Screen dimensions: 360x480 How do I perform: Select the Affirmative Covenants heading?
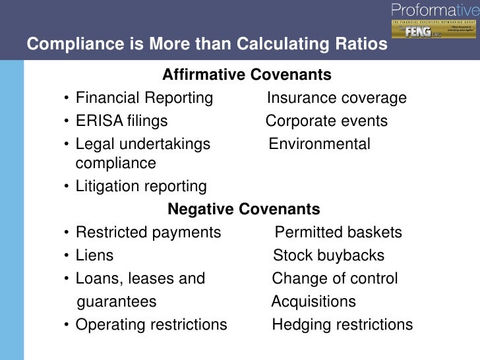pos(247,75)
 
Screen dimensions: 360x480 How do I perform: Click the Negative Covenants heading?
pos(244,210)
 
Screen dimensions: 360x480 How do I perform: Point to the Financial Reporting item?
pos(144,98)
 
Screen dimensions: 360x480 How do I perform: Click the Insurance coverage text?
pos(336,98)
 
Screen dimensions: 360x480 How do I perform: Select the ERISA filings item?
pos(121,121)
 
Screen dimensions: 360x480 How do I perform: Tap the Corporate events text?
pos(326,121)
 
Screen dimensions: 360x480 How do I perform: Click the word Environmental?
pos(320,144)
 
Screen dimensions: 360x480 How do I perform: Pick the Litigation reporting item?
pos(141,187)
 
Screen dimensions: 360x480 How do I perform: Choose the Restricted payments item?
pos(148,233)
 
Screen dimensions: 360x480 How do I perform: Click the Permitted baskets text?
pos(338,233)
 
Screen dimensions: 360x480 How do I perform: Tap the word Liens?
pos(95,256)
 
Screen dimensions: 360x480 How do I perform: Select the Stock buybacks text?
pos(328,256)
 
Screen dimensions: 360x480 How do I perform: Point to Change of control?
pos(335,279)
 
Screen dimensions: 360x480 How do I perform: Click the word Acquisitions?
pos(314,302)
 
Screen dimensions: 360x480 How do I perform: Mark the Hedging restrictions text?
pos(342,325)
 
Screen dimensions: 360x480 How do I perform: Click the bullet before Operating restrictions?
pos(67,325)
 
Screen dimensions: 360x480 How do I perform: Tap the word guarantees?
pos(117,302)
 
